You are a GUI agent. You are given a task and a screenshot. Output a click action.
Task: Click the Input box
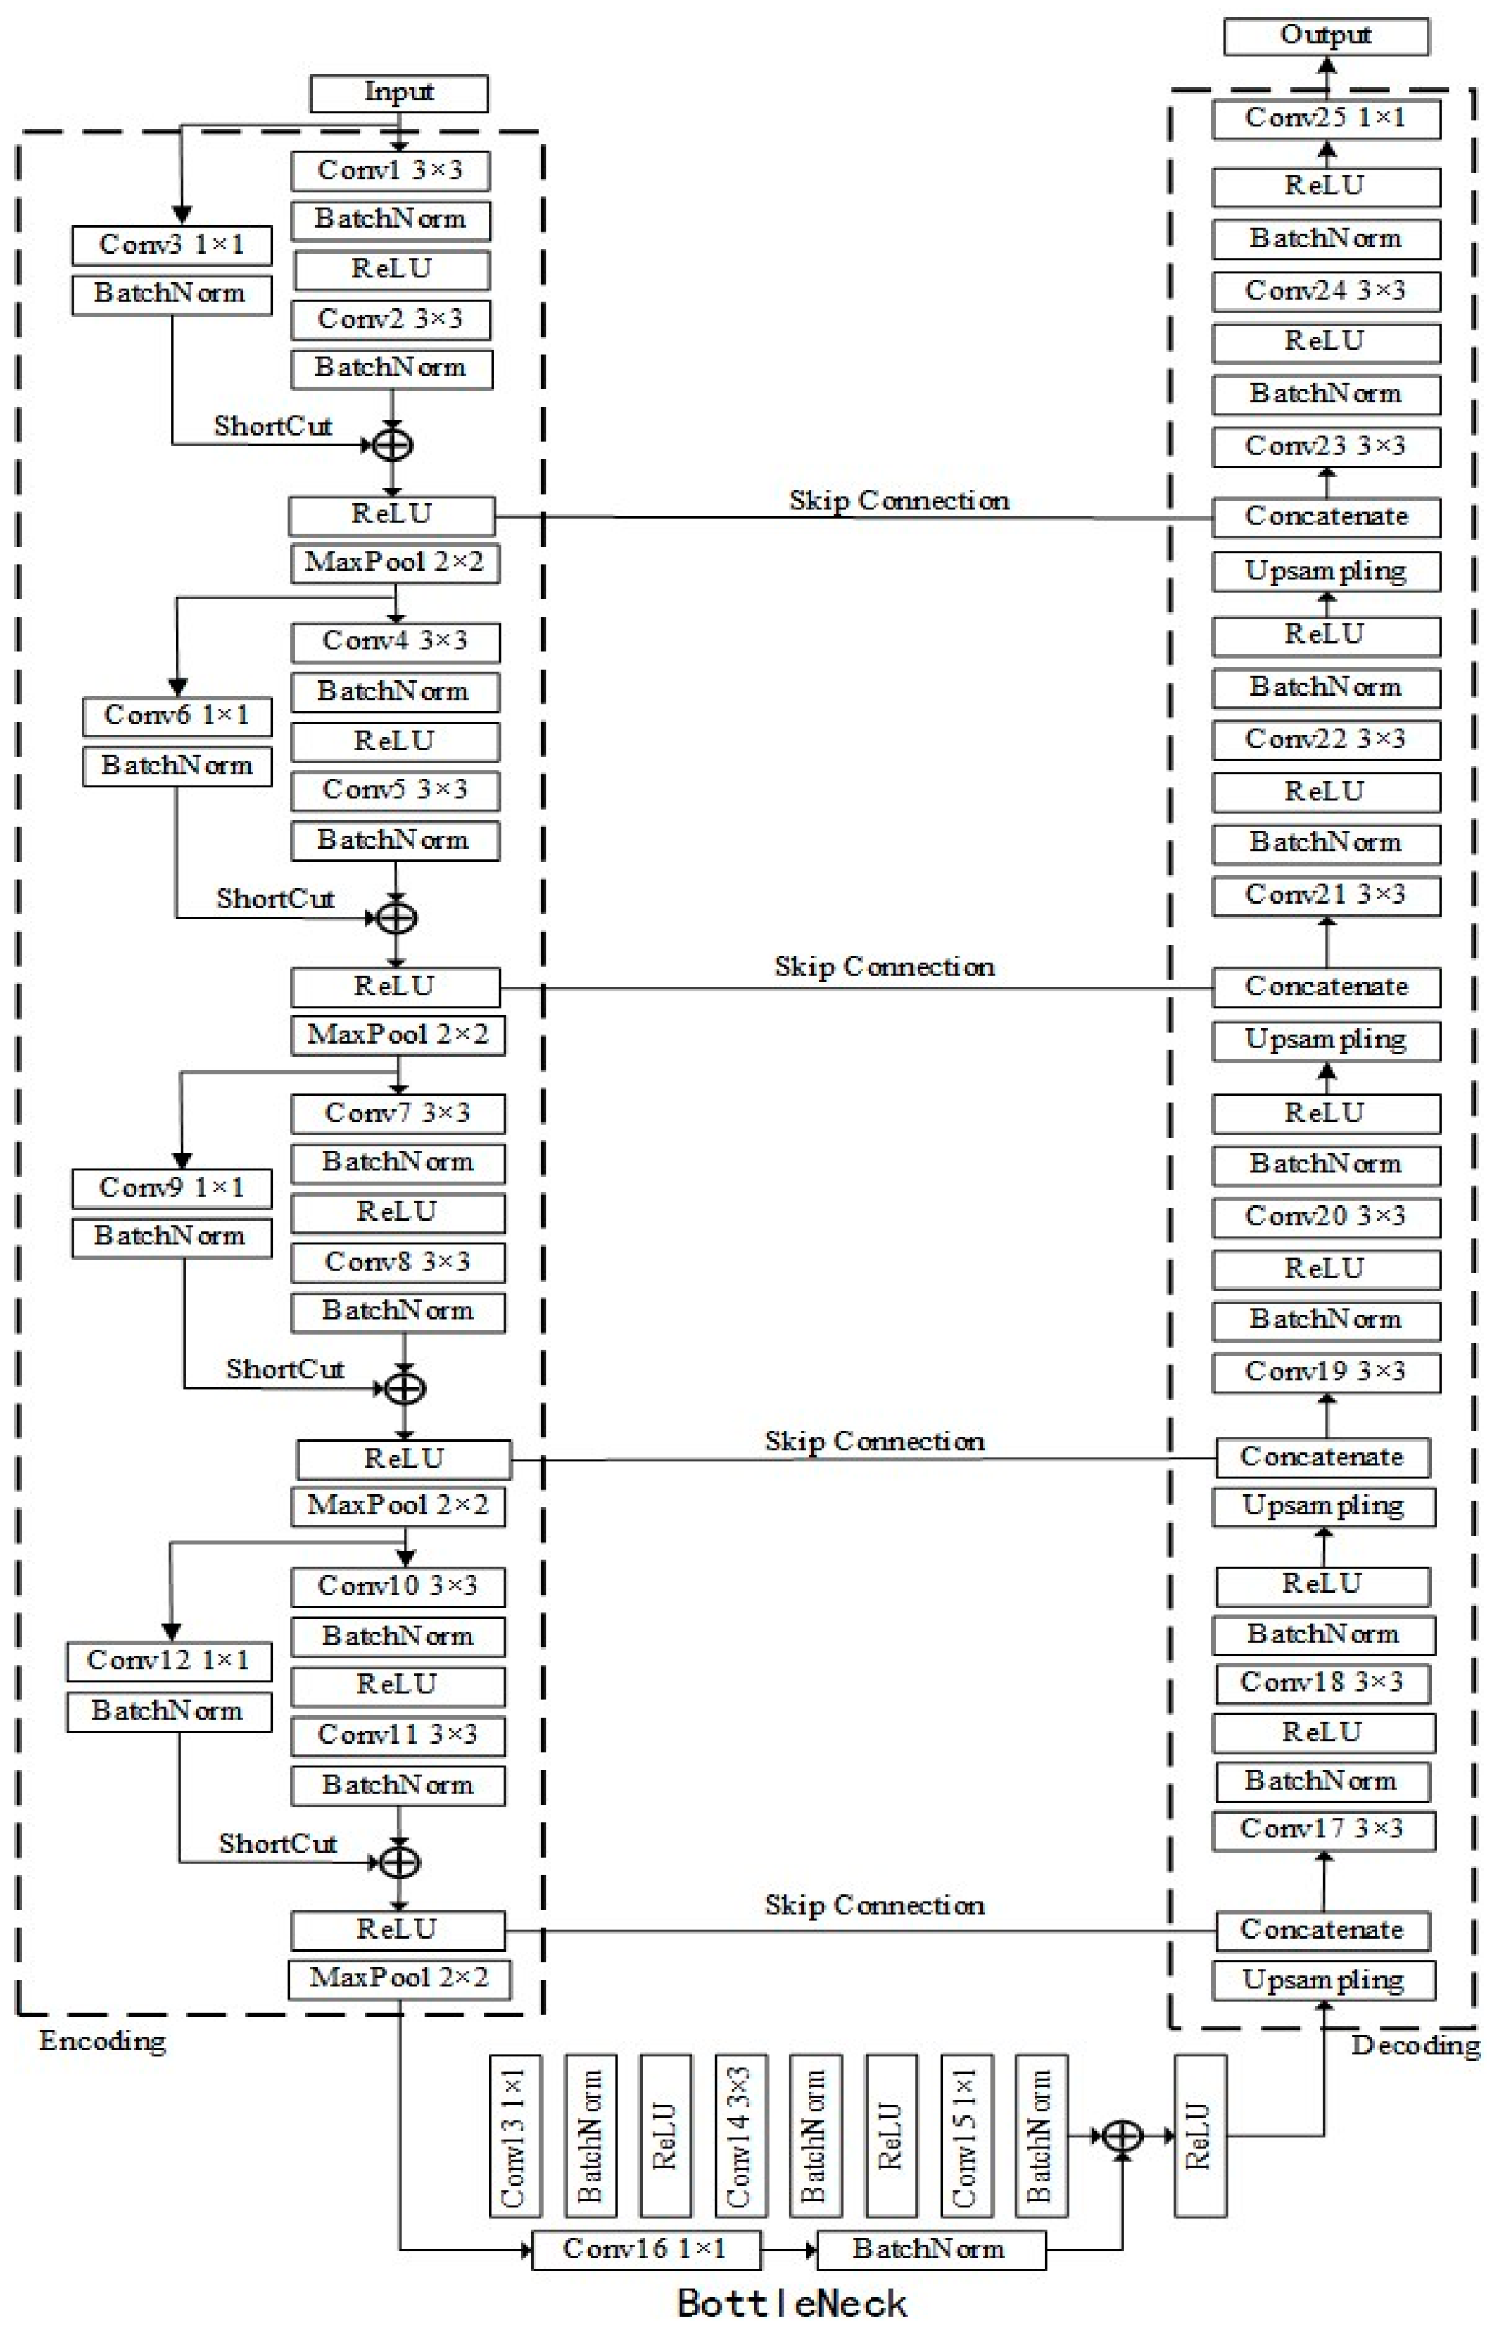399,93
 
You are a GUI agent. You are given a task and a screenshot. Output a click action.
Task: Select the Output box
1326,36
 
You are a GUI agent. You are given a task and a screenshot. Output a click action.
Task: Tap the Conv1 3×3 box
390,170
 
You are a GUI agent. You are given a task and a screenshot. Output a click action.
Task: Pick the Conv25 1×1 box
1326,118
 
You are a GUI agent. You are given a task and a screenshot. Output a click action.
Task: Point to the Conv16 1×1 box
645,2248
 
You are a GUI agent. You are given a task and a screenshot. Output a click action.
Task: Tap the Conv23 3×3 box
1326,446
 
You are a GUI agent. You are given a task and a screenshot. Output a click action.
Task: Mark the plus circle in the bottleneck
1123,2135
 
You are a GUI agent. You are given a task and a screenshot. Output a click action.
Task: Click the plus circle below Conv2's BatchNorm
393,445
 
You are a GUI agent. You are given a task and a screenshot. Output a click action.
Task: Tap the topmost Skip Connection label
899,501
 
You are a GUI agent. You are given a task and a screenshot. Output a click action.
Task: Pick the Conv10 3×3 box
398,1585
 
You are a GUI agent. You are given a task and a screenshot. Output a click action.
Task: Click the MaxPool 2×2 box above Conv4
395,563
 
